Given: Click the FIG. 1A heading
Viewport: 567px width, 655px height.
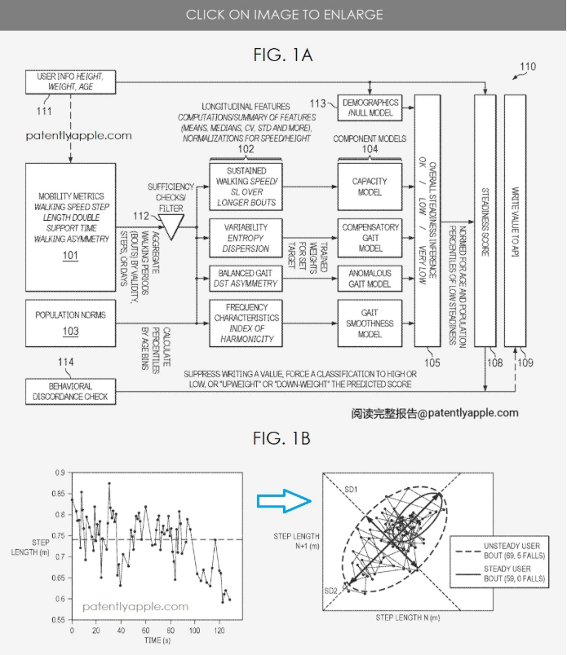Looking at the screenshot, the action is [283, 55].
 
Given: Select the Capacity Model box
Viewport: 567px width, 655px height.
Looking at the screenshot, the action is [370, 187].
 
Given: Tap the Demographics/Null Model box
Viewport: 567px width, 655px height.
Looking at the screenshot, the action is [370, 108].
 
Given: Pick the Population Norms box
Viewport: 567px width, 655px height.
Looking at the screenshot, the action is [71, 323].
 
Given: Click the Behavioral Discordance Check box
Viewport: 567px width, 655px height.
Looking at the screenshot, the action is [71, 391].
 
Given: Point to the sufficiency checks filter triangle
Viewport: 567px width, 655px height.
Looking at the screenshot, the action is [171, 226].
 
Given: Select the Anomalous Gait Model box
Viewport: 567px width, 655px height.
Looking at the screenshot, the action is [370, 279].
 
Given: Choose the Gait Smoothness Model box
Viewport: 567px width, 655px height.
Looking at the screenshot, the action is [370, 323].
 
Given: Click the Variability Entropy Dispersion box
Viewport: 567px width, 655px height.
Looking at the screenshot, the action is [246, 238].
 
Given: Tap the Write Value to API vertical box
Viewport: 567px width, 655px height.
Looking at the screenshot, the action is [515, 221].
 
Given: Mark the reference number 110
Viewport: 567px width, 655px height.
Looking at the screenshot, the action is [528, 67].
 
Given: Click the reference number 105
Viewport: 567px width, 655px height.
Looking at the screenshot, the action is [432, 363].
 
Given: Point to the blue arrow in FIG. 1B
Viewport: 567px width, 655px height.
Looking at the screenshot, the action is [284, 500].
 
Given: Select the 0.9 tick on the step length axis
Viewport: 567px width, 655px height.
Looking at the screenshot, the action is [60, 473].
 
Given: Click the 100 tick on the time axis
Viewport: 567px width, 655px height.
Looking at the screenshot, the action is [195, 631].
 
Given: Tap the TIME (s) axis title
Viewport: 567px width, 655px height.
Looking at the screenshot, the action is [157, 640].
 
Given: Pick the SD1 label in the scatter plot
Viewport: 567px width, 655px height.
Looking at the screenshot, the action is [351, 489].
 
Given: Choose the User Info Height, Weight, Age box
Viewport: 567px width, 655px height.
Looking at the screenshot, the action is [71, 81].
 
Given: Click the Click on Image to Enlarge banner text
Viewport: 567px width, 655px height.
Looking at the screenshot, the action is [284, 15].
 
